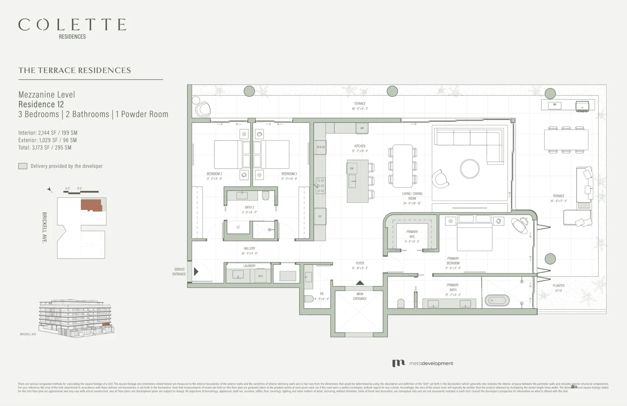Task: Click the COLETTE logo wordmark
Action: pyautogui.click(x=72, y=25)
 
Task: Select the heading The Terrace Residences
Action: pyautogui.click(x=75, y=70)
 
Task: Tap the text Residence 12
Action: pyautogui.click(x=41, y=104)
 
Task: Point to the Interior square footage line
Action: pyautogui.click(x=48, y=133)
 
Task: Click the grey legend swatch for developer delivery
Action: pyautogui.click(x=23, y=166)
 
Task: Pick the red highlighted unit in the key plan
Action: pyautogui.click(x=91, y=205)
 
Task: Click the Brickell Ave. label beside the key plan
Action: pyautogui.click(x=44, y=228)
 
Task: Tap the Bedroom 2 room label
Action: pyautogui.click(x=214, y=174)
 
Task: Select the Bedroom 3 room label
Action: pyautogui.click(x=289, y=174)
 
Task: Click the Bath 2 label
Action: pyautogui.click(x=249, y=207)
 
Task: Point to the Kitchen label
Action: pyautogui.click(x=360, y=146)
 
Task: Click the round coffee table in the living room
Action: pyautogui.click(x=469, y=169)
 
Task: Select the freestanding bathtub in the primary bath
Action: pyautogui.click(x=497, y=301)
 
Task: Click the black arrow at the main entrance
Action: pyautogui.click(x=360, y=283)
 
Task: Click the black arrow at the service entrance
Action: pyautogui.click(x=196, y=271)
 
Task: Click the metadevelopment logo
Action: pyautogui.click(x=422, y=363)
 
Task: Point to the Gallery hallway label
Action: pyautogui.click(x=249, y=248)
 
